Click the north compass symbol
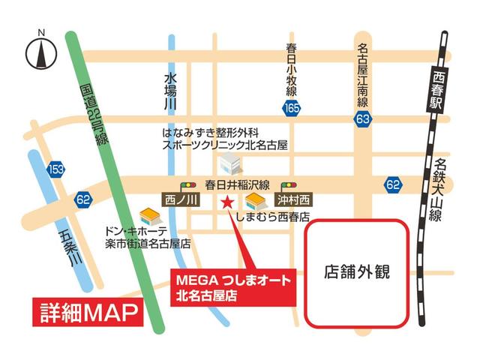42,52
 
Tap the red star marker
226,200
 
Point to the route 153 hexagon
55,169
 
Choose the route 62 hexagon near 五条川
82,199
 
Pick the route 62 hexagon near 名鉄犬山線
392,183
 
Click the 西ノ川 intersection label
181,200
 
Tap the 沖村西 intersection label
293,200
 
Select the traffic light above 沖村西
288,185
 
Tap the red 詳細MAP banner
86,311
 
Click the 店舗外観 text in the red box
358,271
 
